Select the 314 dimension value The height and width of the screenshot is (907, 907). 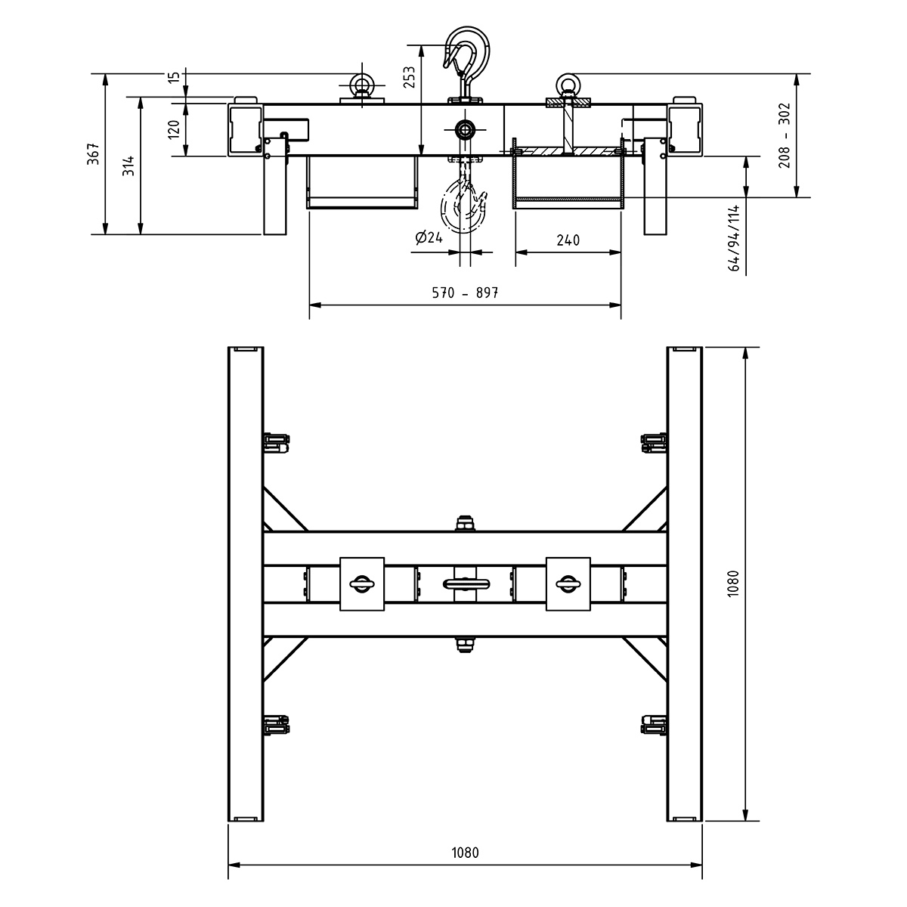point(128,165)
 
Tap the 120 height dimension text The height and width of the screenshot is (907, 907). point(175,129)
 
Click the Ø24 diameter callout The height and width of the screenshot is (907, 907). point(429,238)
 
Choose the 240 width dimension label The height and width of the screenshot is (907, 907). point(568,240)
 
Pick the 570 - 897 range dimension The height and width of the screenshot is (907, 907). point(465,293)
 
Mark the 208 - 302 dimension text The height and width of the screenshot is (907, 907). point(784,135)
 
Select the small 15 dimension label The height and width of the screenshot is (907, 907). point(175,78)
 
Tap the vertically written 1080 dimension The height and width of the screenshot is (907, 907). point(732,584)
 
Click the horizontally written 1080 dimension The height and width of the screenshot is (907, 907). point(465,853)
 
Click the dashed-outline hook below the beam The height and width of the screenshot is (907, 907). point(463,204)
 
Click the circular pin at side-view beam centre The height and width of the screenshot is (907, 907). point(464,129)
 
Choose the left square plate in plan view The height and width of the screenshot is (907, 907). point(362,583)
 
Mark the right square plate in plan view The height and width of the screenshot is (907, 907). point(568,583)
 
